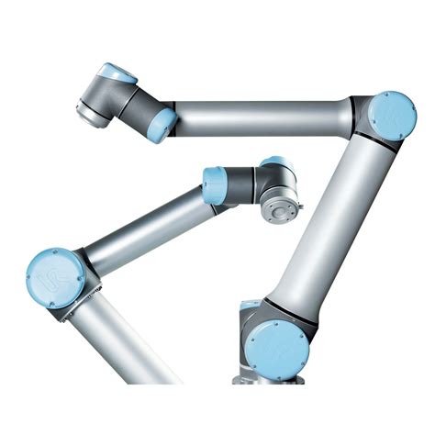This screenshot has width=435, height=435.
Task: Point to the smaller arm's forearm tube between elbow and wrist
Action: click(x=147, y=229)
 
